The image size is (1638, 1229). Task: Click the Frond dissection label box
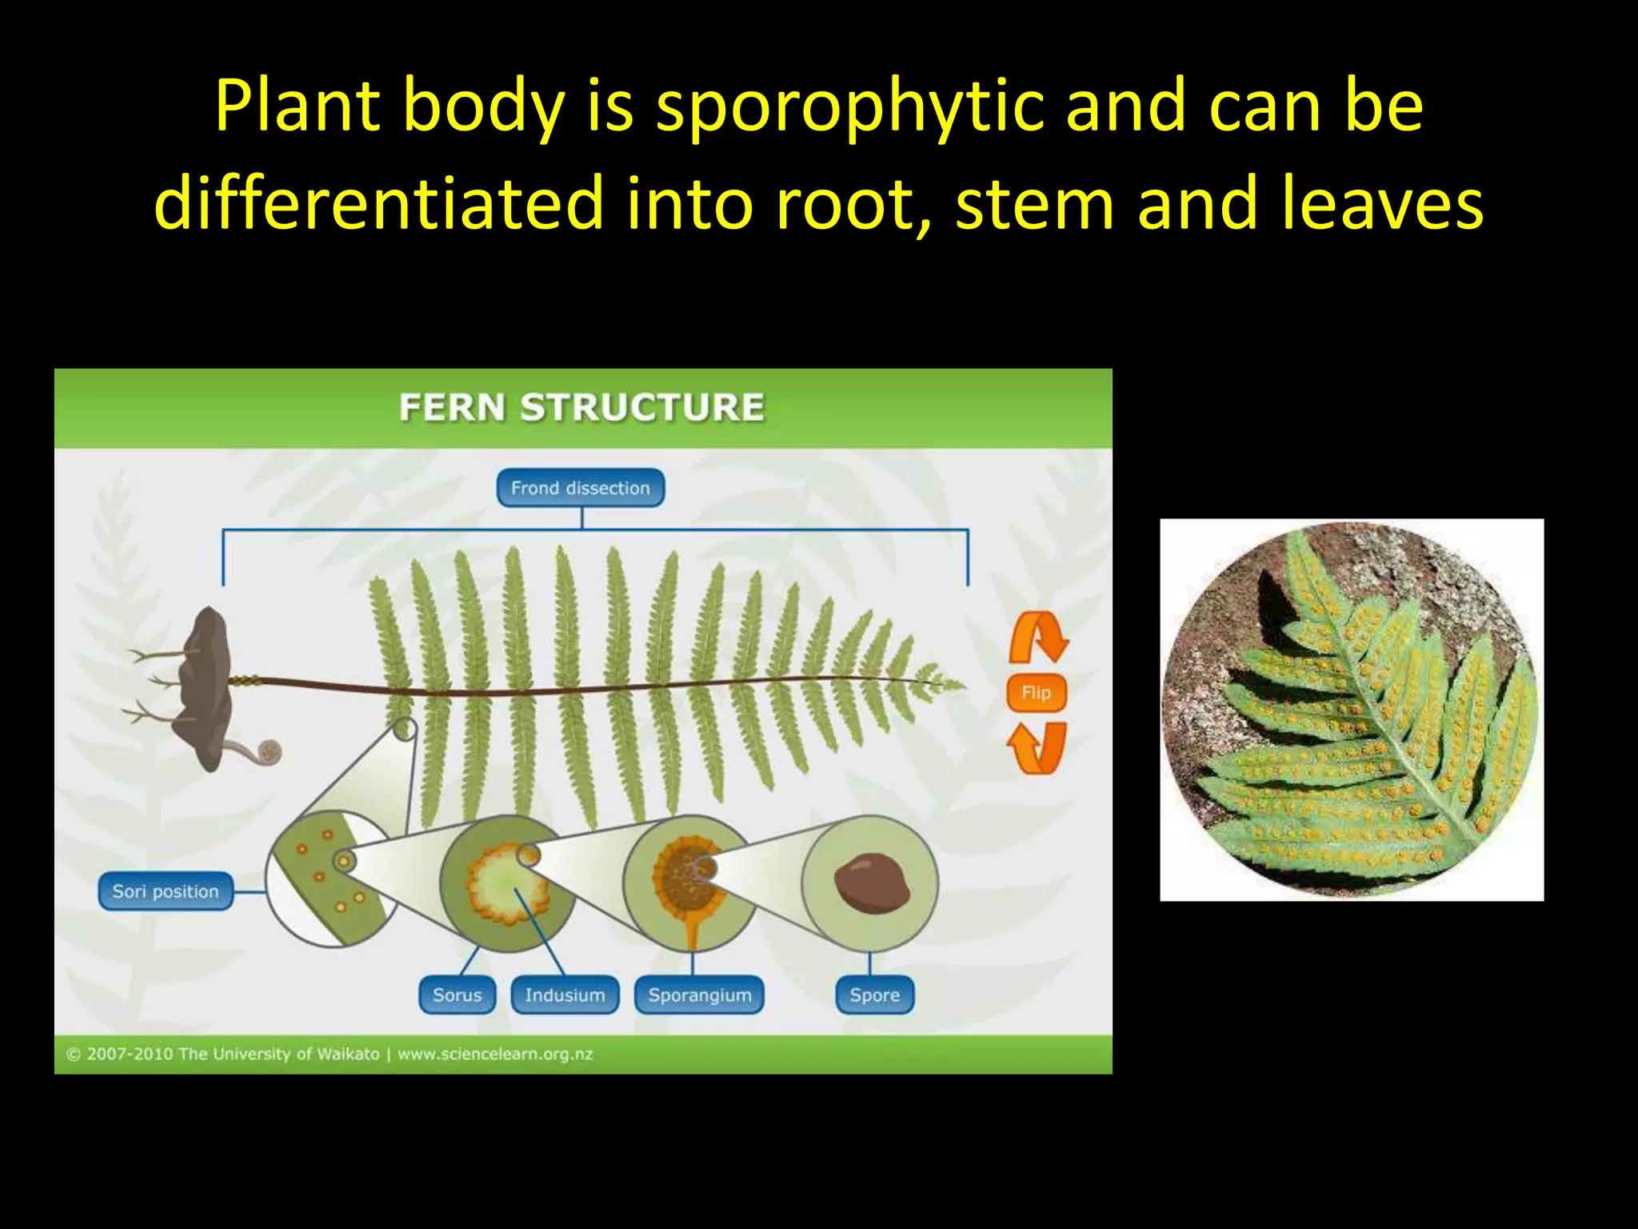(x=580, y=488)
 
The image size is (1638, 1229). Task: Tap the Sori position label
(x=166, y=891)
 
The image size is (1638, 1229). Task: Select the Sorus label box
(x=457, y=995)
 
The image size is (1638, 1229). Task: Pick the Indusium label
(x=565, y=995)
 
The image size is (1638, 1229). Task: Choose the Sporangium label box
(x=700, y=995)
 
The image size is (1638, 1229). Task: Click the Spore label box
(x=874, y=995)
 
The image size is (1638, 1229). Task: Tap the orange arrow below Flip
(x=1037, y=748)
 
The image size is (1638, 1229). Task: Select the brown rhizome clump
(x=205, y=684)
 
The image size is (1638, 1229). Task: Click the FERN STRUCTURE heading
(x=581, y=406)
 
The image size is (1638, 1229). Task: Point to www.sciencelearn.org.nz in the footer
(x=495, y=1054)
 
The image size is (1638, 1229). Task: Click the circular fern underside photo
(x=1351, y=710)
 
